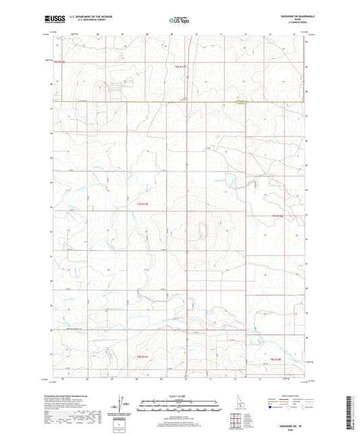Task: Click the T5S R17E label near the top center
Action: [x=180, y=66]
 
